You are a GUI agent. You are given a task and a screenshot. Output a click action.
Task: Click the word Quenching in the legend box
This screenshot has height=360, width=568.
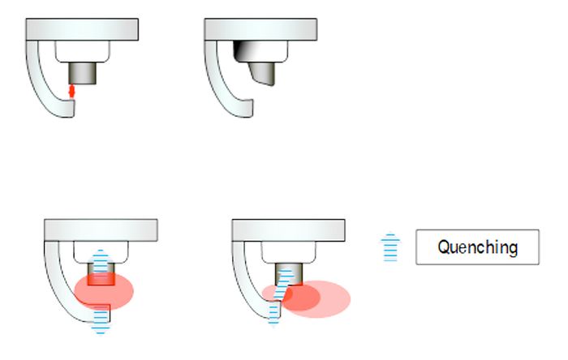pyautogui.click(x=477, y=247)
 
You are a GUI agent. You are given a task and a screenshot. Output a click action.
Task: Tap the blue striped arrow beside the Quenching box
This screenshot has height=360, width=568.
pyautogui.click(x=390, y=246)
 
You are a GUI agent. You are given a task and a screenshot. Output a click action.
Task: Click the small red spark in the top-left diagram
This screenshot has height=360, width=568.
pyautogui.click(x=71, y=91)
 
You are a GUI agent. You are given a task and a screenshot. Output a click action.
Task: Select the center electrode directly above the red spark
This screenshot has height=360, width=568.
pyautogui.click(x=83, y=73)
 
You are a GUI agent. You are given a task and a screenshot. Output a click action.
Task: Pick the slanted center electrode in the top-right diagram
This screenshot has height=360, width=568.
pyautogui.click(x=262, y=74)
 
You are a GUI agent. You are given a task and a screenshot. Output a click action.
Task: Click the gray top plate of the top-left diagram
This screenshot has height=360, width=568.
pyautogui.click(x=82, y=29)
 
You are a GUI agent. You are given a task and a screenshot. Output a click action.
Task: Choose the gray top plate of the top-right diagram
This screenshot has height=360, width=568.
pyautogui.click(x=260, y=29)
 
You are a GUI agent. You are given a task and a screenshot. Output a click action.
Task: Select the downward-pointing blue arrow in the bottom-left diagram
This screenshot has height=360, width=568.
pyautogui.click(x=101, y=320)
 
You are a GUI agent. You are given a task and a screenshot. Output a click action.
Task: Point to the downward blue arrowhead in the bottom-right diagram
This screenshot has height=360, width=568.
pyautogui.click(x=273, y=323)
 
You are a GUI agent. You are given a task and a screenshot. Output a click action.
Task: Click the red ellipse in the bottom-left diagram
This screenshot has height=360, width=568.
pyautogui.click(x=104, y=291)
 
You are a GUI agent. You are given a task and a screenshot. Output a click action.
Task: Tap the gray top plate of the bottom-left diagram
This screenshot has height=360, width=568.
pyautogui.click(x=101, y=230)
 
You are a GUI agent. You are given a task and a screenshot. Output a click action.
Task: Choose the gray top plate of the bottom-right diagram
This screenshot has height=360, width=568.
pyautogui.click(x=288, y=230)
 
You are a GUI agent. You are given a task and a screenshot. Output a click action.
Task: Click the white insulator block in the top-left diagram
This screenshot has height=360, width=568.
pyautogui.click(x=83, y=51)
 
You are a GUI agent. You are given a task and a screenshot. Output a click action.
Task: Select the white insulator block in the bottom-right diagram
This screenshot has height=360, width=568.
pyautogui.click(x=288, y=252)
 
